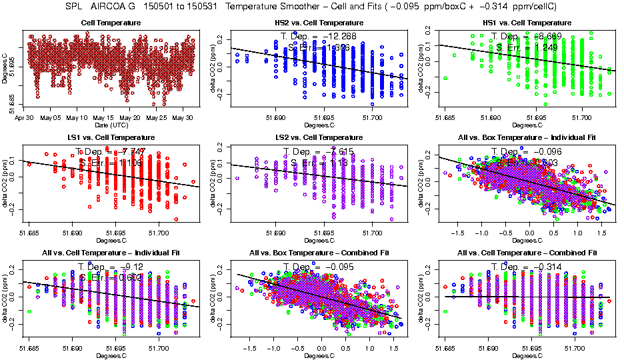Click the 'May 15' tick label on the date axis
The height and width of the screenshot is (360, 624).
click(x=103, y=117)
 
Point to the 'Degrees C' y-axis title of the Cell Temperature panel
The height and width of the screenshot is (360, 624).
click(x=5, y=67)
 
